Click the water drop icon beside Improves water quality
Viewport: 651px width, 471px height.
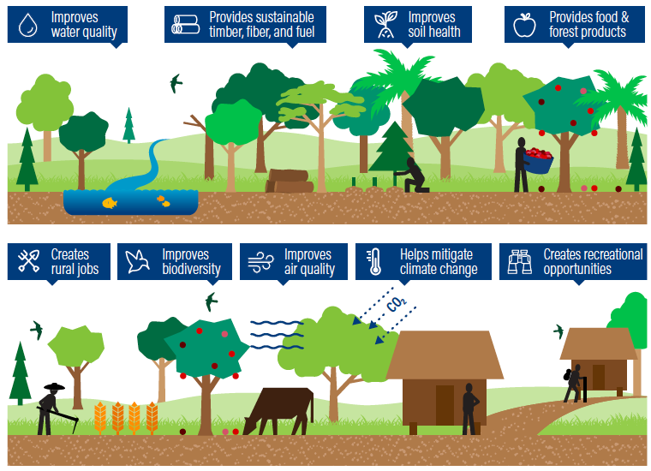[27, 25]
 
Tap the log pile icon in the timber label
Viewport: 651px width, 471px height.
[186, 25]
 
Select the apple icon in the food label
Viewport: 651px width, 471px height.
[524, 25]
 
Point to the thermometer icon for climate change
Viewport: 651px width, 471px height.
[374, 262]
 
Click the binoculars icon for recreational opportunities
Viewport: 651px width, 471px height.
[520, 262]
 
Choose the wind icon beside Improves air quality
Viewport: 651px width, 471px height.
[260, 262]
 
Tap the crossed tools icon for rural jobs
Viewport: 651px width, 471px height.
[28, 261]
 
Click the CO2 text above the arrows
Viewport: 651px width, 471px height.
[396, 304]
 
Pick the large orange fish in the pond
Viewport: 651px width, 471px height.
[110, 202]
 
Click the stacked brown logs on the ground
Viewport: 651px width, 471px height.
[290, 181]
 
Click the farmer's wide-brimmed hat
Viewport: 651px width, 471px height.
[55, 386]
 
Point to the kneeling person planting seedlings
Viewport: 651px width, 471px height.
[412, 175]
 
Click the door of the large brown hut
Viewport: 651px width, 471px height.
[445, 405]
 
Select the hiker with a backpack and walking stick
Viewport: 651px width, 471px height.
[574, 384]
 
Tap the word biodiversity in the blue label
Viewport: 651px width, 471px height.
[191, 269]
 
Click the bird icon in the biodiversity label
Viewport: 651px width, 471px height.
[137, 261]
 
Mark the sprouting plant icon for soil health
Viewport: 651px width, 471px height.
[385, 25]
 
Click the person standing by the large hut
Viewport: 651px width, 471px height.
[470, 409]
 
